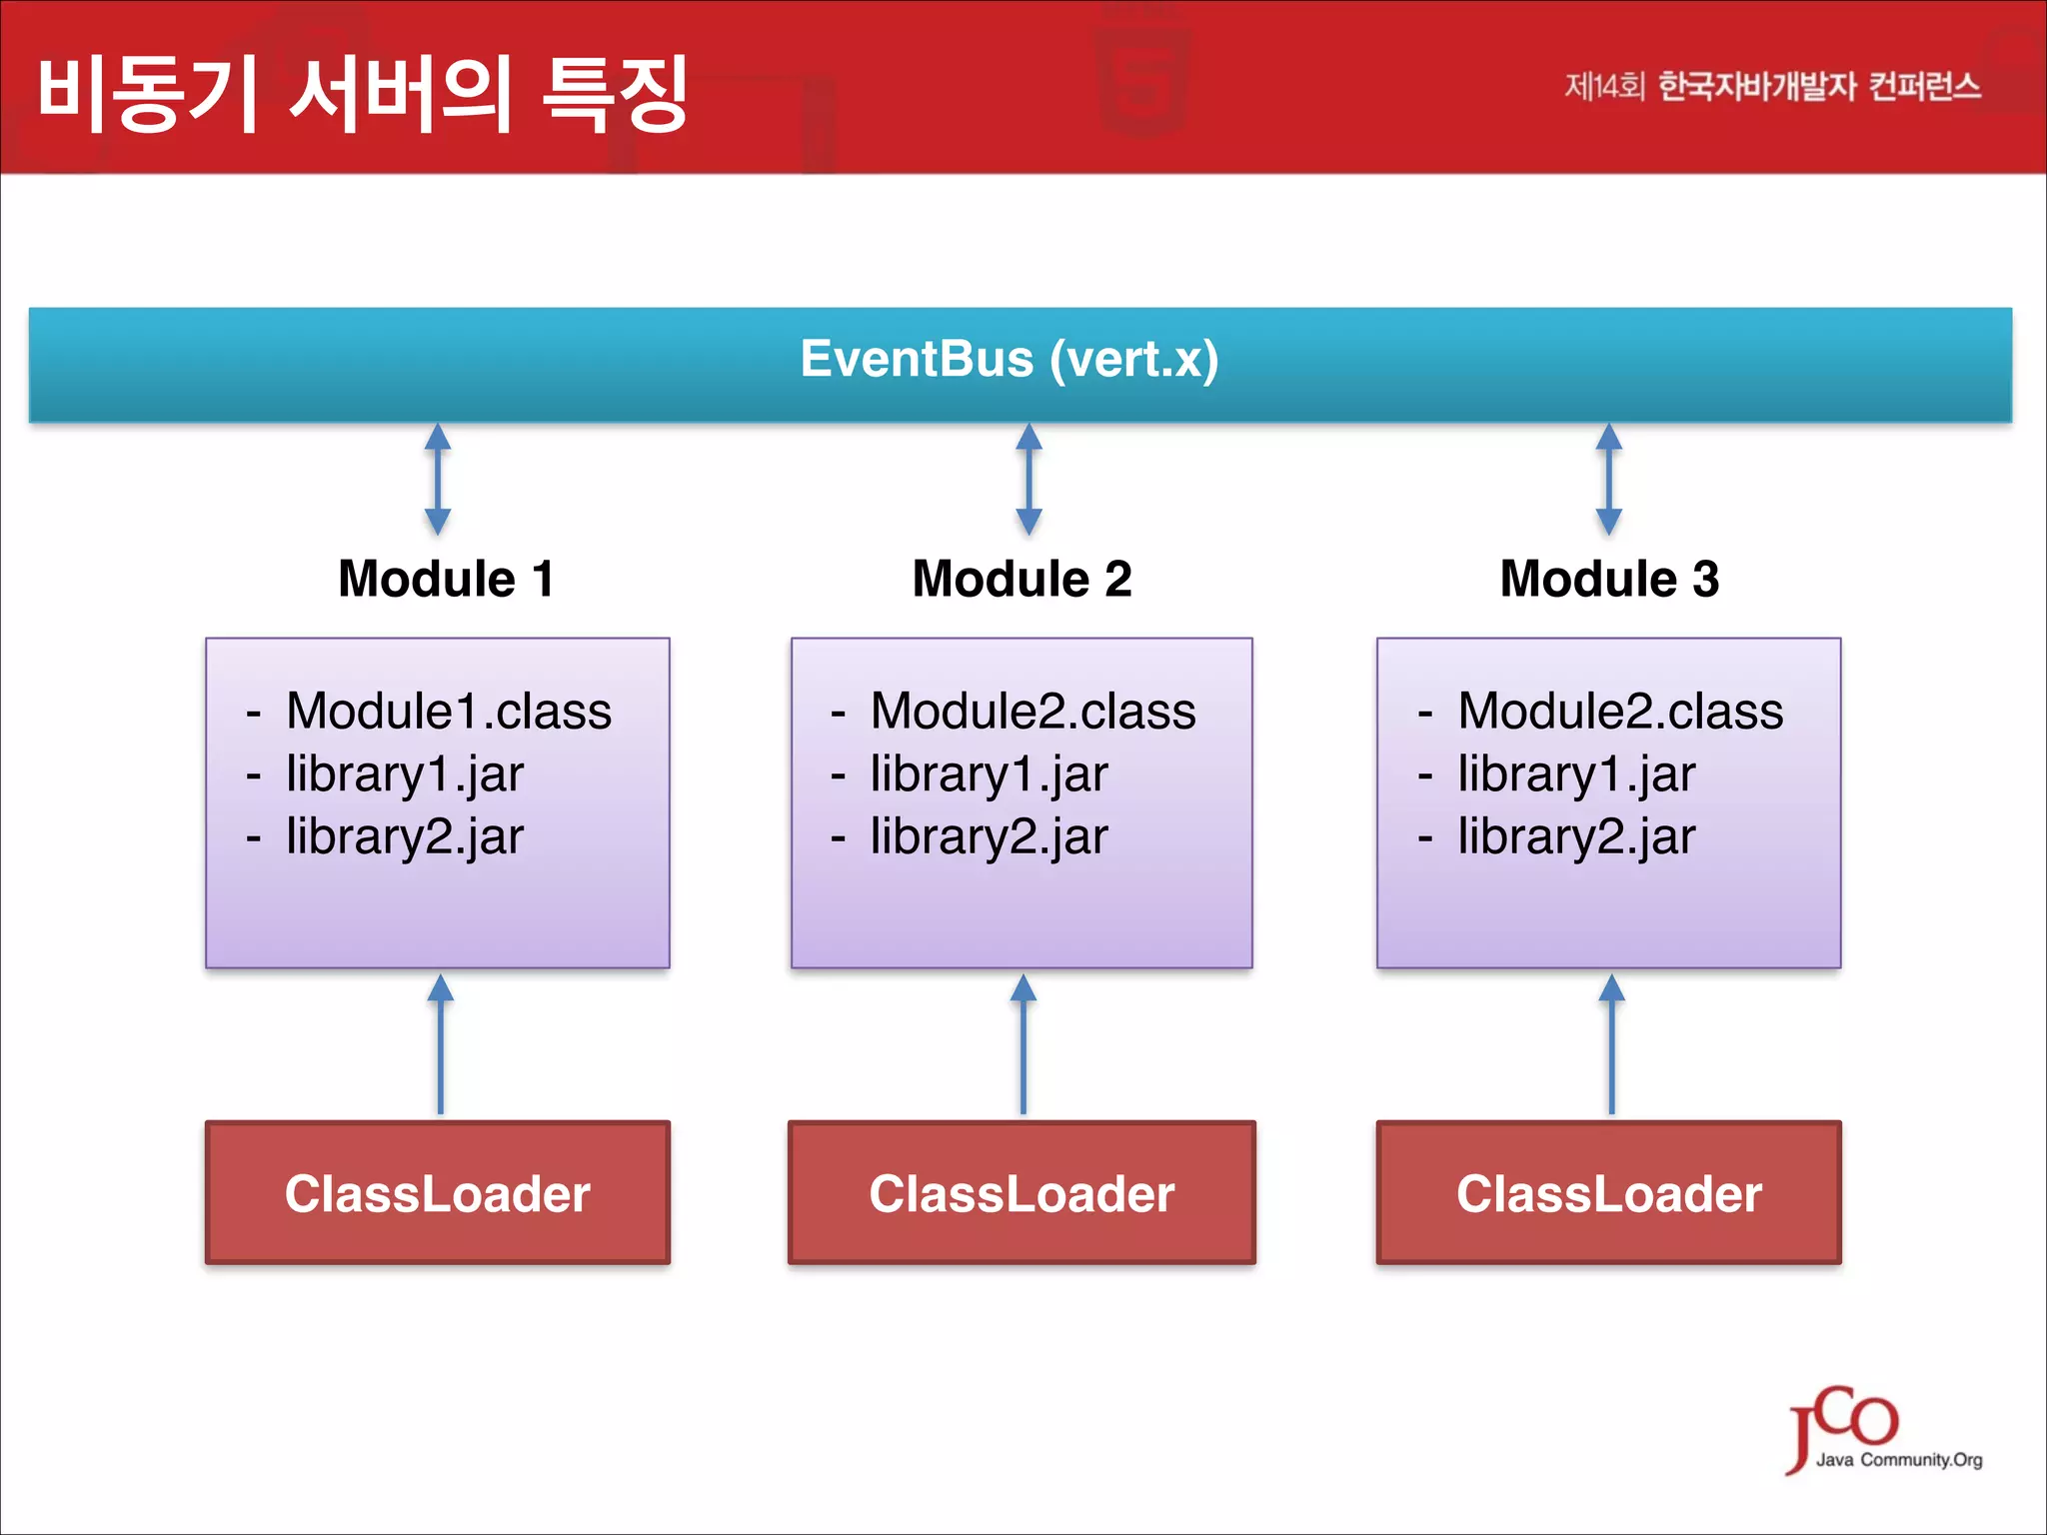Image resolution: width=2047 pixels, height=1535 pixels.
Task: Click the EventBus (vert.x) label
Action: pyautogui.click(x=1010, y=360)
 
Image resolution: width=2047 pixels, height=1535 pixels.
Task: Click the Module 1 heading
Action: pyautogui.click(x=446, y=580)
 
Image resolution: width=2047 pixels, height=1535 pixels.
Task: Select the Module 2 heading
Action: pyautogui.click(x=1022, y=580)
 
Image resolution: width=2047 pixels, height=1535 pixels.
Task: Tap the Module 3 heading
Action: pyautogui.click(x=1609, y=580)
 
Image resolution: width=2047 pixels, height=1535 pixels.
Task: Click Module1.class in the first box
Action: pyautogui.click(x=448, y=712)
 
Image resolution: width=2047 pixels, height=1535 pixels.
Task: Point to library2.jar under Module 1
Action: pyautogui.click(x=404, y=836)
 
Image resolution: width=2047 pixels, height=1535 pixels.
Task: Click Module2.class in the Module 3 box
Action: pyautogui.click(x=1619, y=712)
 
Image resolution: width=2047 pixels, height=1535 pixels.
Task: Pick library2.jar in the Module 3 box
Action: pyautogui.click(x=1575, y=836)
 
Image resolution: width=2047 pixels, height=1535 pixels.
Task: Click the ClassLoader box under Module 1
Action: pyautogui.click(x=438, y=1193)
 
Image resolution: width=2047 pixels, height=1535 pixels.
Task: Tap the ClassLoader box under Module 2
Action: pyautogui.click(x=1022, y=1193)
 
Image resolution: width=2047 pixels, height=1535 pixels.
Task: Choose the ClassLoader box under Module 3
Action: pyautogui.click(x=1609, y=1193)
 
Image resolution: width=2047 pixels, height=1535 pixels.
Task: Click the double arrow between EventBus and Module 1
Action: pyautogui.click(x=438, y=480)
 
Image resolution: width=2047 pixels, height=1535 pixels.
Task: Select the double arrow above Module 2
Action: pyautogui.click(x=1028, y=480)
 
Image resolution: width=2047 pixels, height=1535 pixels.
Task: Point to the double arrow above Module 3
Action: pyautogui.click(x=1608, y=480)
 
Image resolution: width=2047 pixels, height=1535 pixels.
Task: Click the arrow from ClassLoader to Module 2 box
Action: pyautogui.click(x=1023, y=1044)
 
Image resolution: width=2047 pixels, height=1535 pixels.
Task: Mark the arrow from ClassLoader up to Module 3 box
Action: pyautogui.click(x=1611, y=1044)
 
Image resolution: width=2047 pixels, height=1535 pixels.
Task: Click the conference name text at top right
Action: pyautogui.click(x=1771, y=87)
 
